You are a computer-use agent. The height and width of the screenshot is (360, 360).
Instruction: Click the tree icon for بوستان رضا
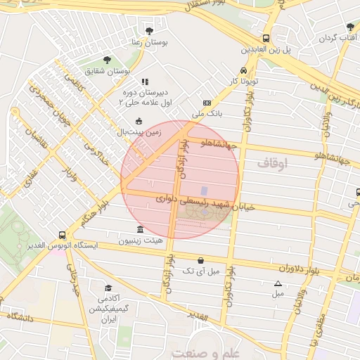coord(149,30)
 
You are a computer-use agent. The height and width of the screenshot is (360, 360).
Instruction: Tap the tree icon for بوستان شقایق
coord(107,60)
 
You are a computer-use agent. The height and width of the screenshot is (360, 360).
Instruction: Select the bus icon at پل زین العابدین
coord(266,39)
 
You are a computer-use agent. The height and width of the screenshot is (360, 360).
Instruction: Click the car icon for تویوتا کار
coord(243,70)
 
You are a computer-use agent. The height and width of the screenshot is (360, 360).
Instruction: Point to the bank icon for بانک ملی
coord(206,102)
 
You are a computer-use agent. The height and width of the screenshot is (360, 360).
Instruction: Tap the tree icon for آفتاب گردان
coord(350,26)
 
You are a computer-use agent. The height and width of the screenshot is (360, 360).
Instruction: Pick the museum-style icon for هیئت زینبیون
coord(141,230)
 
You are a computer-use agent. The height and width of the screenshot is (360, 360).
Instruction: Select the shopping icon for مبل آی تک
coord(201,260)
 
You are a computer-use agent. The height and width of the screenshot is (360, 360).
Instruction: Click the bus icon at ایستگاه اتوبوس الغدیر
coord(63,235)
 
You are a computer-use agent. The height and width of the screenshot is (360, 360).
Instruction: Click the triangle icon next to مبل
coord(278,283)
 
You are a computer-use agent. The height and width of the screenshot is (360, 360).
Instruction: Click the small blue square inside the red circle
coord(205,191)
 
